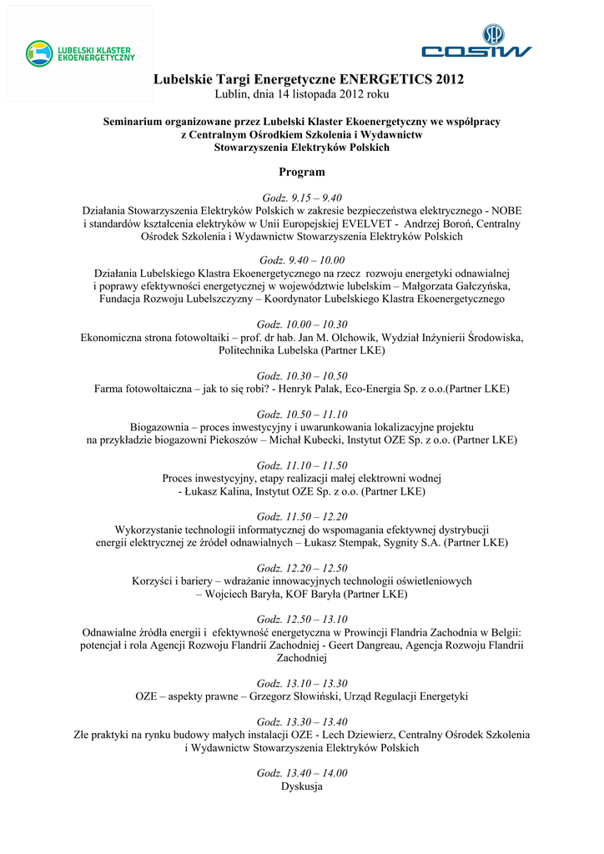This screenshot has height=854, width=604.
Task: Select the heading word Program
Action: click(302, 172)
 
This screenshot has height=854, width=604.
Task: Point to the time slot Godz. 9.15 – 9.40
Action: click(302, 198)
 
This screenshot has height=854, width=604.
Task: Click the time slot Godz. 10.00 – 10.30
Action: click(302, 324)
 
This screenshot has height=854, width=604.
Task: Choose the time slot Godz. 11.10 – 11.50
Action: click(302, 465)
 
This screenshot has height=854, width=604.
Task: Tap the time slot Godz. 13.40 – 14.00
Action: click(302, 773)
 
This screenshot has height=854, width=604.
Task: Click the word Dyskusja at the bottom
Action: click(302, 786)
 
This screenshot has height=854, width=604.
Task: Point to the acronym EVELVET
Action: click(370, 224)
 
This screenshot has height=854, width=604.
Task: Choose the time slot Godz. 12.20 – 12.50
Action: click(302, 568)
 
